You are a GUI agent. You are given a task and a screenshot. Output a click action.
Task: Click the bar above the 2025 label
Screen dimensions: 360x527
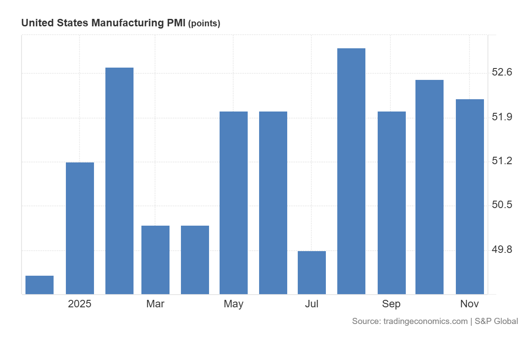pyautogui.click(x=79, y=228)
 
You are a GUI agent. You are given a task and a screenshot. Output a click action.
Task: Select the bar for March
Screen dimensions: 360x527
pyautogui.click(x=155, y=260)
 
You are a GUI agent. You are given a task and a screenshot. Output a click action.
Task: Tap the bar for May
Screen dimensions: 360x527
pyautogui.click(x=234, y=203)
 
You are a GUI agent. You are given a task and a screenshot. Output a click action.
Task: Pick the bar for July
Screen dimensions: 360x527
pyautogui.click(x=312, y=273)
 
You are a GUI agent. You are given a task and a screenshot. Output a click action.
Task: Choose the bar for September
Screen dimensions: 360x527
pyautogui.click(x=391, y=203)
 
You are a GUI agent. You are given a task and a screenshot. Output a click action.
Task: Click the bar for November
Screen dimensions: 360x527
pyautogui.click(x=469, y=197)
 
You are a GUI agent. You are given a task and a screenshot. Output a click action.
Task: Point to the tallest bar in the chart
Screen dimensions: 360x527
pyautogui.click(x=351, y=171)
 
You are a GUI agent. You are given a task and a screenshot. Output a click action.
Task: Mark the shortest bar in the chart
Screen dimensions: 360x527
pyautogui.click(x=40, y=285)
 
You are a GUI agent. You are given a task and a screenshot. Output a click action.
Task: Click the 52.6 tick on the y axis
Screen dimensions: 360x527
pyautogui.click(x=502, y=72)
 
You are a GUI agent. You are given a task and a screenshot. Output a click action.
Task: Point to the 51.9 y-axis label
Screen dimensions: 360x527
pyautogui.click(x=502, y=117)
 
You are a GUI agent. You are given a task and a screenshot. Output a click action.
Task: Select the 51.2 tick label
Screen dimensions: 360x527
pyautogui.click(x=502, y=162)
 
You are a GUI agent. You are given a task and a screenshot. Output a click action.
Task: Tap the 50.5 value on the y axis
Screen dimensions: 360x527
pyautogui.click(x=502, y=205)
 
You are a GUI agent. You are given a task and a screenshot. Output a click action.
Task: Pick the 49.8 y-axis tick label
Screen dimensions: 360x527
pyautogui.click(x=502, y=250)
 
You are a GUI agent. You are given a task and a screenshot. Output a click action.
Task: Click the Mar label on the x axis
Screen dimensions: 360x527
pyautogui.click(x=155, y=304)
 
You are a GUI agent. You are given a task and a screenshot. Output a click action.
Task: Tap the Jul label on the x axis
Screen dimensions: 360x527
pyautogui.click(x=312, y=304)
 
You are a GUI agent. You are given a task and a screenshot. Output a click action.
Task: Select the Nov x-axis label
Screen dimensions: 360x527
pyautogui.click(x=469, y=304)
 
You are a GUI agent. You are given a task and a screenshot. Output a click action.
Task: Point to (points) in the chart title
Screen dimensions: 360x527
pyautogui.click(x=204, y=24)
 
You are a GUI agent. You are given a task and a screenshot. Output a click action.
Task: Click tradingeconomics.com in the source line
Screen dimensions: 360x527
pyautogui.click(x=425, y=321)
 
